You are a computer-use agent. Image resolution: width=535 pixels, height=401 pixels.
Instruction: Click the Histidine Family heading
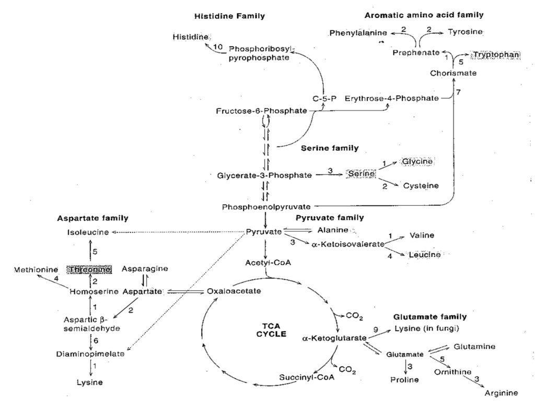point(229,16)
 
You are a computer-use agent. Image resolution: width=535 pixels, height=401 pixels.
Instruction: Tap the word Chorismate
point(453,73)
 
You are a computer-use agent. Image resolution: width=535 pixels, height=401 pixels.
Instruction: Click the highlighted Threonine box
point(90,269)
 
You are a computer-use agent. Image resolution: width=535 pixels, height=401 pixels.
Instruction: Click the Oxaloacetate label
point(234,291)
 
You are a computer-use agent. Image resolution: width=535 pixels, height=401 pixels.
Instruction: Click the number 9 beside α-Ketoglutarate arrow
point(375,328)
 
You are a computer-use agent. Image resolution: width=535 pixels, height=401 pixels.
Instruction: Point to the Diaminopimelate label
point(90,353)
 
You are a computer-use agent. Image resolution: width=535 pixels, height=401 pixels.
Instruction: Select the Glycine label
point(417,162)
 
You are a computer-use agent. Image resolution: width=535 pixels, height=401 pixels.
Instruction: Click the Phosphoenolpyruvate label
point(266,207)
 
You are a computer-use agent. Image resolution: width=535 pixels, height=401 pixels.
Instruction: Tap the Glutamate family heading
point(429,316)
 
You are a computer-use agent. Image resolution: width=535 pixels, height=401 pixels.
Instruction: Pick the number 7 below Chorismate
point(459,92)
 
